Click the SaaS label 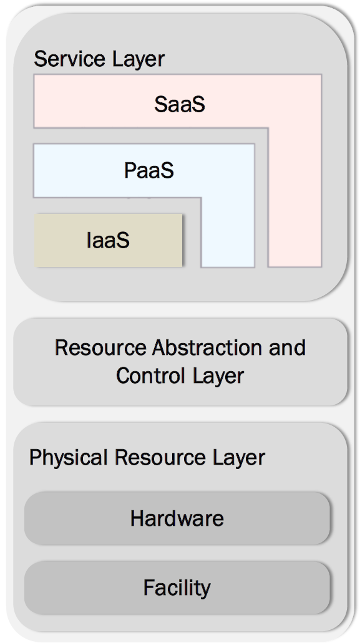pyautogui.click(x=180, y=104)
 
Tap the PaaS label pyautogui.click(x=149, y=170)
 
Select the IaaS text pyautogui.click(x=108, y=240)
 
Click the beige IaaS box pyautogui.click(x=108, y=240)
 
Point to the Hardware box pyautogui.click(x=177, y=518)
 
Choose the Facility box pyautogui.click(x=177, y=587)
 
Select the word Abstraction pyautogui.click(x=208, y=348)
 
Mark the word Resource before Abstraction pyautogui.click(x=100, y=348)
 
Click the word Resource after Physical pyautogui.click(x=160, y=457)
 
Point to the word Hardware pyautogui.click(x=177, y=518)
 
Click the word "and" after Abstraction pyautogui.click(x=288, y=348)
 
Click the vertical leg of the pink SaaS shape pyautogui.click(x=295, y=197)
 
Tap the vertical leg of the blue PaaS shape pyautogui.click(x=228, y=232)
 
